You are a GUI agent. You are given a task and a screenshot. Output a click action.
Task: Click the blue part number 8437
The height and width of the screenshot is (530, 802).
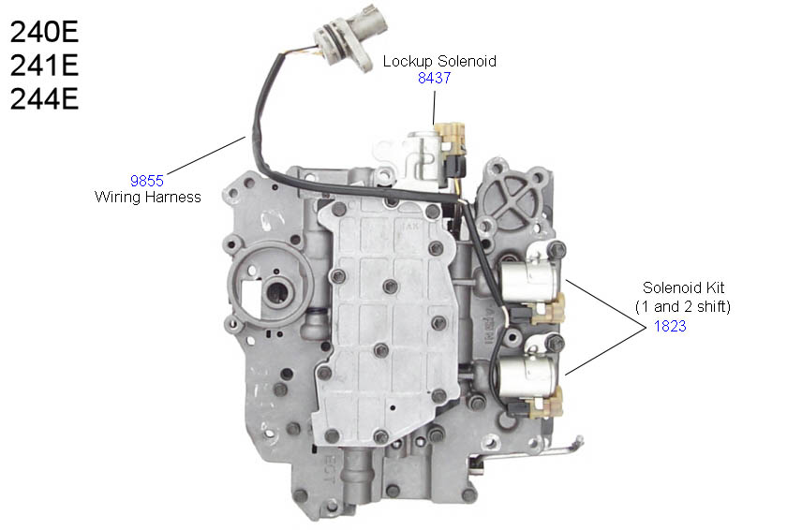pyautogui.click(x=434, y=78)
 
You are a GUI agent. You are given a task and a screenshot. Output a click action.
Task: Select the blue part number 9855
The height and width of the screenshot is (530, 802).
pyautogui.click(x=147, y=181)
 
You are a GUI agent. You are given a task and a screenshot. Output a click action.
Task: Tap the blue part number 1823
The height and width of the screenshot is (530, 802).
pyautogui.click(x=670, y=326)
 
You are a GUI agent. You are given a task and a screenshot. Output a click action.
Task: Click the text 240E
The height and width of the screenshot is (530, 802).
pyautogui.click(x=44, y=32)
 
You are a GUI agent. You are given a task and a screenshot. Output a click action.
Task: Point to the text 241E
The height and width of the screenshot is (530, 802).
pyautogui.click(x=44, y=66)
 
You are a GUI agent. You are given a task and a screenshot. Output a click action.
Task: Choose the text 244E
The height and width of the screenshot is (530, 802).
pyautogui.click(x=44, y=99)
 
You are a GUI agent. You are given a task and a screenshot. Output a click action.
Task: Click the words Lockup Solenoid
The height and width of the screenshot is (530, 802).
pyautogui.click(x=439, y=62)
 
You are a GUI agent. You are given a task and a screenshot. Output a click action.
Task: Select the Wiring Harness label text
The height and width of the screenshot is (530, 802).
pyautogui.click(x=148, y=198)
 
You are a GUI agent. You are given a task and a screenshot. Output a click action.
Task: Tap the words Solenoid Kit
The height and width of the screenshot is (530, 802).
pyautogui.click(x=683, y=287)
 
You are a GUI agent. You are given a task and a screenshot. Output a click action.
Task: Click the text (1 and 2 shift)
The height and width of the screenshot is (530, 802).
pyautogui.click(x=683, y=306)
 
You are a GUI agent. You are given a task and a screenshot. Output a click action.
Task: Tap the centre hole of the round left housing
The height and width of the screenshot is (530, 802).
pyautogui.click(x=277, y=293)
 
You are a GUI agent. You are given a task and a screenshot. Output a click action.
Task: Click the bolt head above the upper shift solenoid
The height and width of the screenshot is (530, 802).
pyautogui.click(x=557, y=250)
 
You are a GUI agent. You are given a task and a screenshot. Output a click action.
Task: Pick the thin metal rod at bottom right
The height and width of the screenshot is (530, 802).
pyautogui.click(x=532, y=452)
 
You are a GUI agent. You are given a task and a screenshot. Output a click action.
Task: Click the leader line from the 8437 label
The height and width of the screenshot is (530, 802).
pyautogui.click(x=434, y=106)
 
